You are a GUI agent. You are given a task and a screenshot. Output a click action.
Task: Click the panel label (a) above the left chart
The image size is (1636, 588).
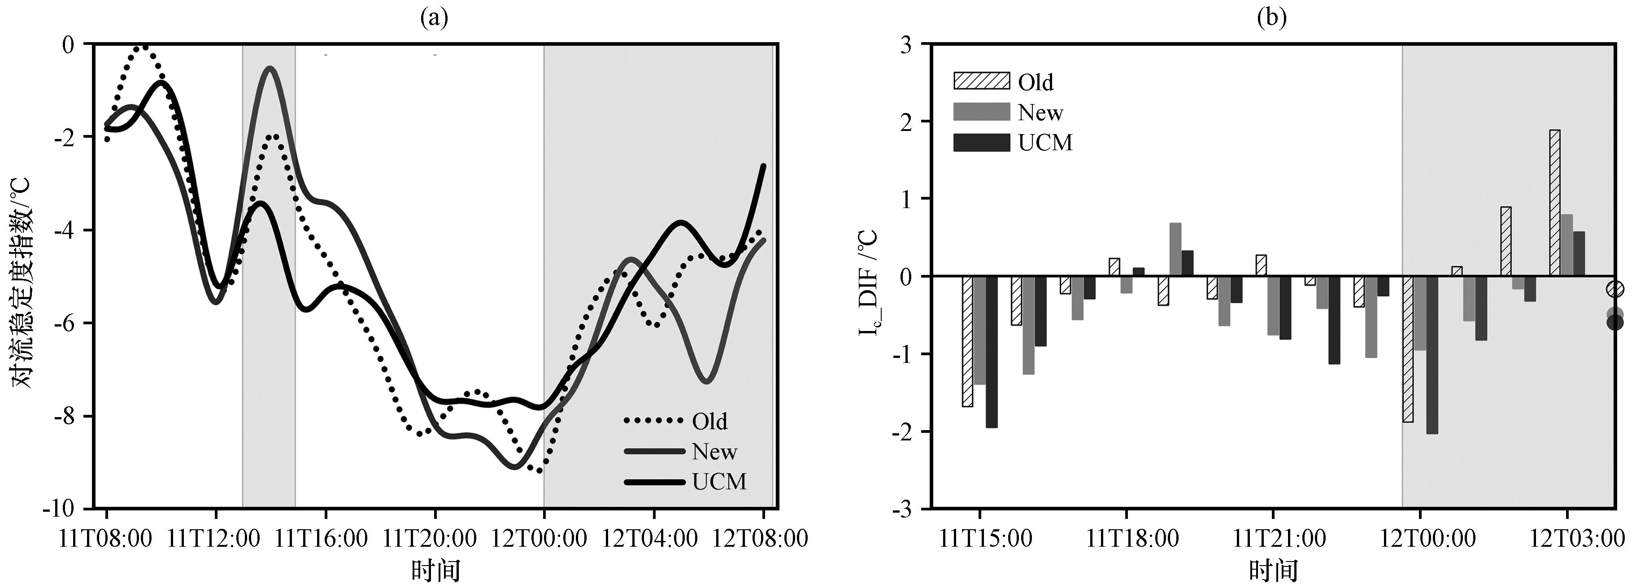click(x=435, y=18)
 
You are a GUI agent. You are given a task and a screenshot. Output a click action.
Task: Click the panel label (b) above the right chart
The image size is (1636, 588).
click(x=1272, y=18)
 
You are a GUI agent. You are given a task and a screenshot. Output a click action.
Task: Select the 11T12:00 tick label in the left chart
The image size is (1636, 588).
click(x=215, y=539)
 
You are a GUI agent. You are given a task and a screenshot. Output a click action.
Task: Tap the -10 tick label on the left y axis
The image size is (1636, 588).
click(x=58, y=509)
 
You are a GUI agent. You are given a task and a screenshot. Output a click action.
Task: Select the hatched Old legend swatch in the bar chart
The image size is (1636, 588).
click(x=981, y=81)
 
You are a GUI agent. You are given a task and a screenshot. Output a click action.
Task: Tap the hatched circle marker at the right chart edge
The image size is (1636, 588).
click(x=1615, y=289)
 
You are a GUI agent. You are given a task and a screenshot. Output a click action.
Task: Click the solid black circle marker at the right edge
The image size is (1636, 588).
click(x=1615, y=322)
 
